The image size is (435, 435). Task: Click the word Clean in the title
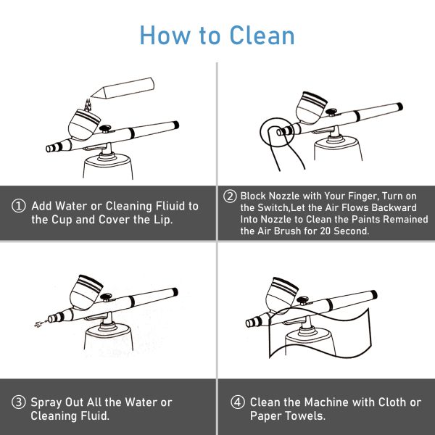pyautogui.click(x=260, y=35)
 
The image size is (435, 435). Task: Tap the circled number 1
pyautogui.click(x=20, y=206)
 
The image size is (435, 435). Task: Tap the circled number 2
pyautogui.click(x=230, y=196)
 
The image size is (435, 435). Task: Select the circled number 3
pyautogui.click(x=20, y=402)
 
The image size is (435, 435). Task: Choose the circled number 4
pyautogui.click(x=236, y=402)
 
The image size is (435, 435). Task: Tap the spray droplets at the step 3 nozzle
pyautogui.click(x=36, y=321)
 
